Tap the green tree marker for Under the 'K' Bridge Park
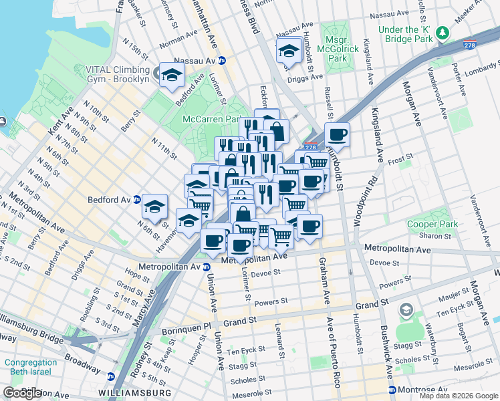coord(441,31)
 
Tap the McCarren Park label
coord(211,119)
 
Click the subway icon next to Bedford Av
coord(136,199)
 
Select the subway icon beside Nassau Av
coord(222,61)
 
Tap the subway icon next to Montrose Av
coord(392,390)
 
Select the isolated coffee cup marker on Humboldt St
coord(338,134)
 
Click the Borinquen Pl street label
coord(185,331)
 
